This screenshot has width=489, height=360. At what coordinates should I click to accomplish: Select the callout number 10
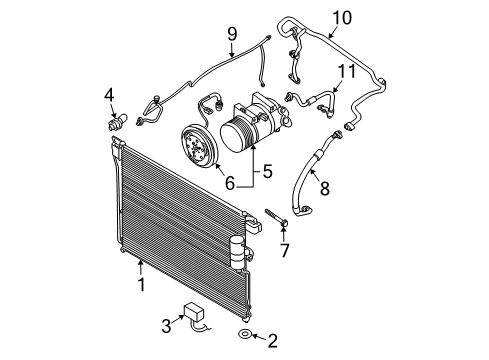coord(342,18)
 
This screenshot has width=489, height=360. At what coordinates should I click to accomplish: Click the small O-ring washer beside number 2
coord(244,333)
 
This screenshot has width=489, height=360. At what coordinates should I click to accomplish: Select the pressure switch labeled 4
coord(116,121)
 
